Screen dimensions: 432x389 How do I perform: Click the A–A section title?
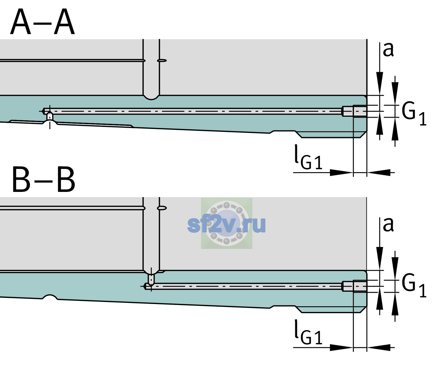point(43,22)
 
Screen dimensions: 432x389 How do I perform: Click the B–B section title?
point(44,180)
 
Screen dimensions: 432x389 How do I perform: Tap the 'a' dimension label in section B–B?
point(388,225)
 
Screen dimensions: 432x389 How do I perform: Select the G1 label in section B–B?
point(414,286)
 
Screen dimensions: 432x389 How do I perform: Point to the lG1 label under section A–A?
point(308,158)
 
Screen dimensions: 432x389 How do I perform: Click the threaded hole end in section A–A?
point(354,111)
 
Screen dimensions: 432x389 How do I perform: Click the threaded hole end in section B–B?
point(354,286)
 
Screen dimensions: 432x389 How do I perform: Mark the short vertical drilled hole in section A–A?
point(50,117)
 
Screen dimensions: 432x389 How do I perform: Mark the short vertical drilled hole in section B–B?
point(151,279)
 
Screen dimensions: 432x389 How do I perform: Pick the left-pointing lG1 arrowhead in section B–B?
point(379,347)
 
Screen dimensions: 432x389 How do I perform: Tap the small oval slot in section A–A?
point(162,61)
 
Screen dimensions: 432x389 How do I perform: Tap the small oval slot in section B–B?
point(162,208)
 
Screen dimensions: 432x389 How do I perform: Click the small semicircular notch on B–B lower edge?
point(50,297)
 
